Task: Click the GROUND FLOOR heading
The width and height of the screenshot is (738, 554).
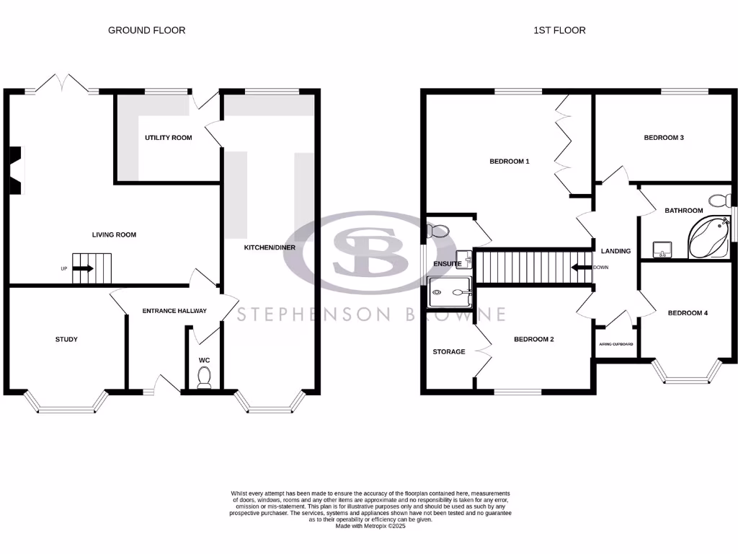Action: [x=146, y=30]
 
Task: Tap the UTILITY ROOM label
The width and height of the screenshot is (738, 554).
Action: [x=168, y=137]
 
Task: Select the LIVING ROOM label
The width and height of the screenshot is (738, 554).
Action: [x=114, y=234]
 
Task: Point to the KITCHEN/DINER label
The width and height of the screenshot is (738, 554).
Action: [x=270, y=247]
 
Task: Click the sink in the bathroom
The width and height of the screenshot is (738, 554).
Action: [x=662, y=250]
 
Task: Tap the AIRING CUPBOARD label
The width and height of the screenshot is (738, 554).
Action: [x=616, y=344]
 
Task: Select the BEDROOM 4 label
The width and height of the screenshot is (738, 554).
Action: [x=688, y=313]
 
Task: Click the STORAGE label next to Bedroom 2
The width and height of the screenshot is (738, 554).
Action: [x=448, y=352]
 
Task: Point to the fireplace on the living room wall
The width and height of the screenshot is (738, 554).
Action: [x=16, y=171]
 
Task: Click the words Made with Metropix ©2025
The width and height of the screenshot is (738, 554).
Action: [x=370, y=526]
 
